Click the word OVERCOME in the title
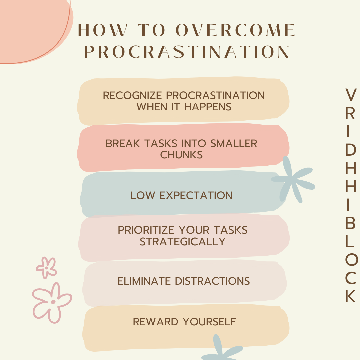235,31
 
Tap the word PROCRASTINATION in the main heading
187,52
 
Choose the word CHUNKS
181,155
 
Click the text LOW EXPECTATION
181,195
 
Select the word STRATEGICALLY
183,241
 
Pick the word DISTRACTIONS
212,281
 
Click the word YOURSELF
209,322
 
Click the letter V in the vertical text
350,95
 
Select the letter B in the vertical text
350,224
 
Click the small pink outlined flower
46,268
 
